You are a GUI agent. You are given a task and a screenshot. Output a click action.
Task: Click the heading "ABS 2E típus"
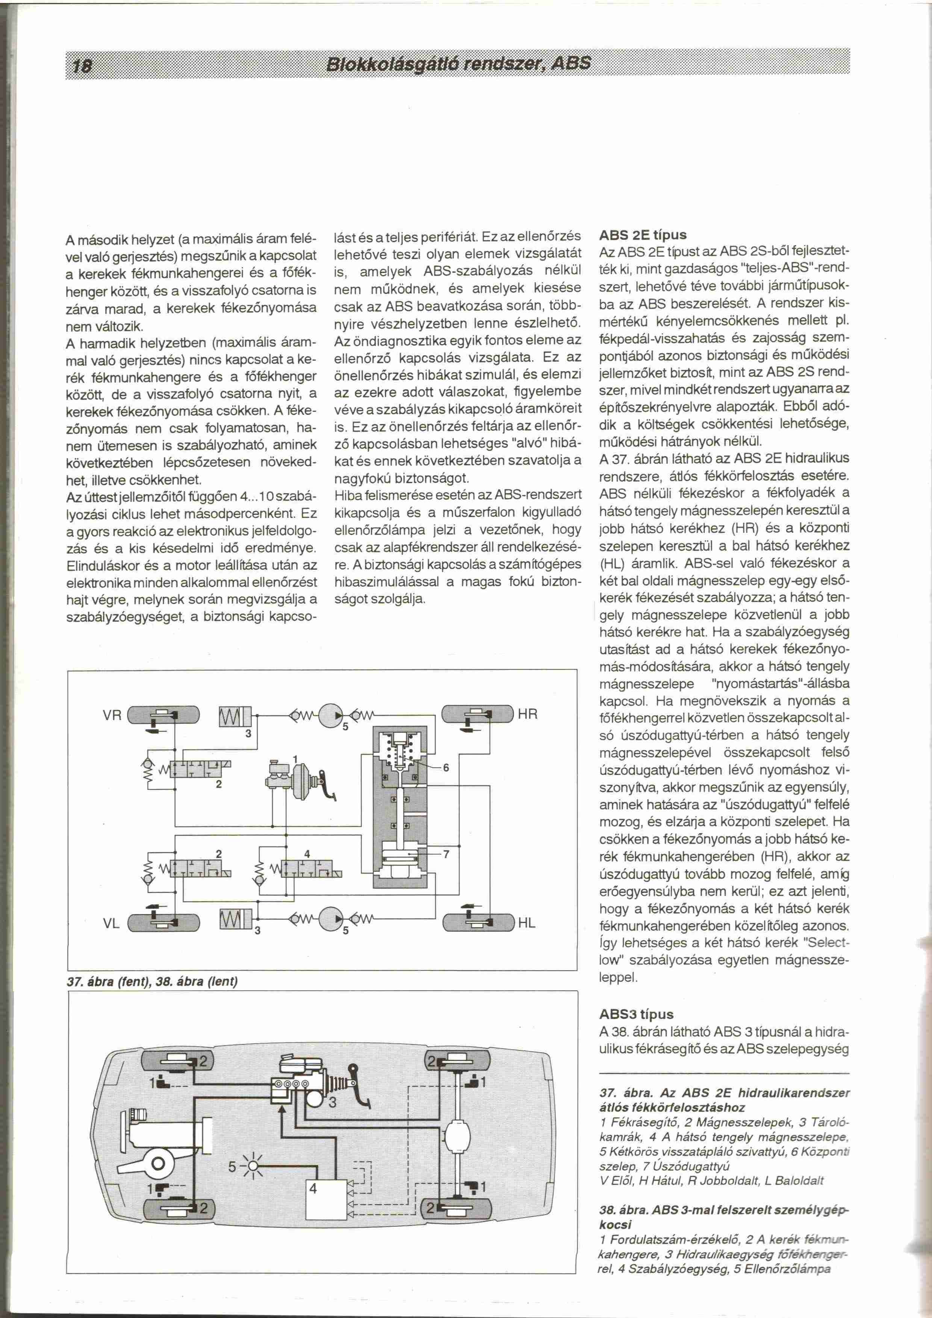tap(642, 235)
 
